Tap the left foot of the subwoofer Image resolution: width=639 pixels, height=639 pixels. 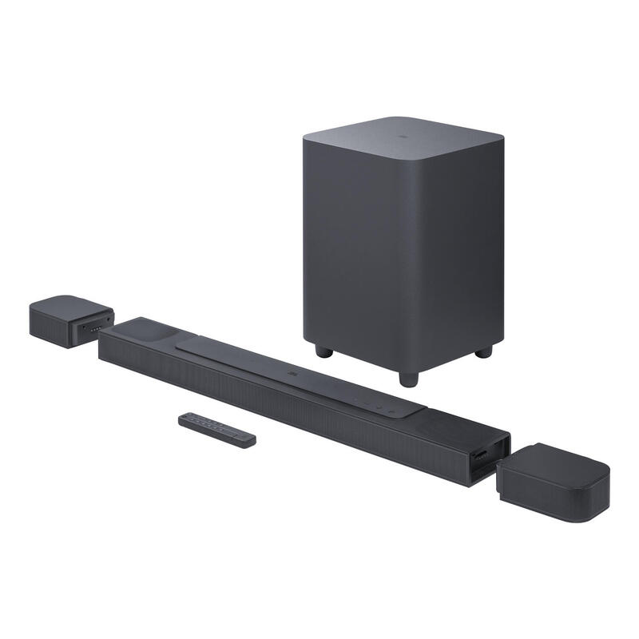pyautogui.click(x=322, y=350)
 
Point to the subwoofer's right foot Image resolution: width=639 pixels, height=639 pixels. pyautogui.click(x=483, y=351)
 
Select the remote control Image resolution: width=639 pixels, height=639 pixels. pyautogui.click(x=216, y=428)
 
